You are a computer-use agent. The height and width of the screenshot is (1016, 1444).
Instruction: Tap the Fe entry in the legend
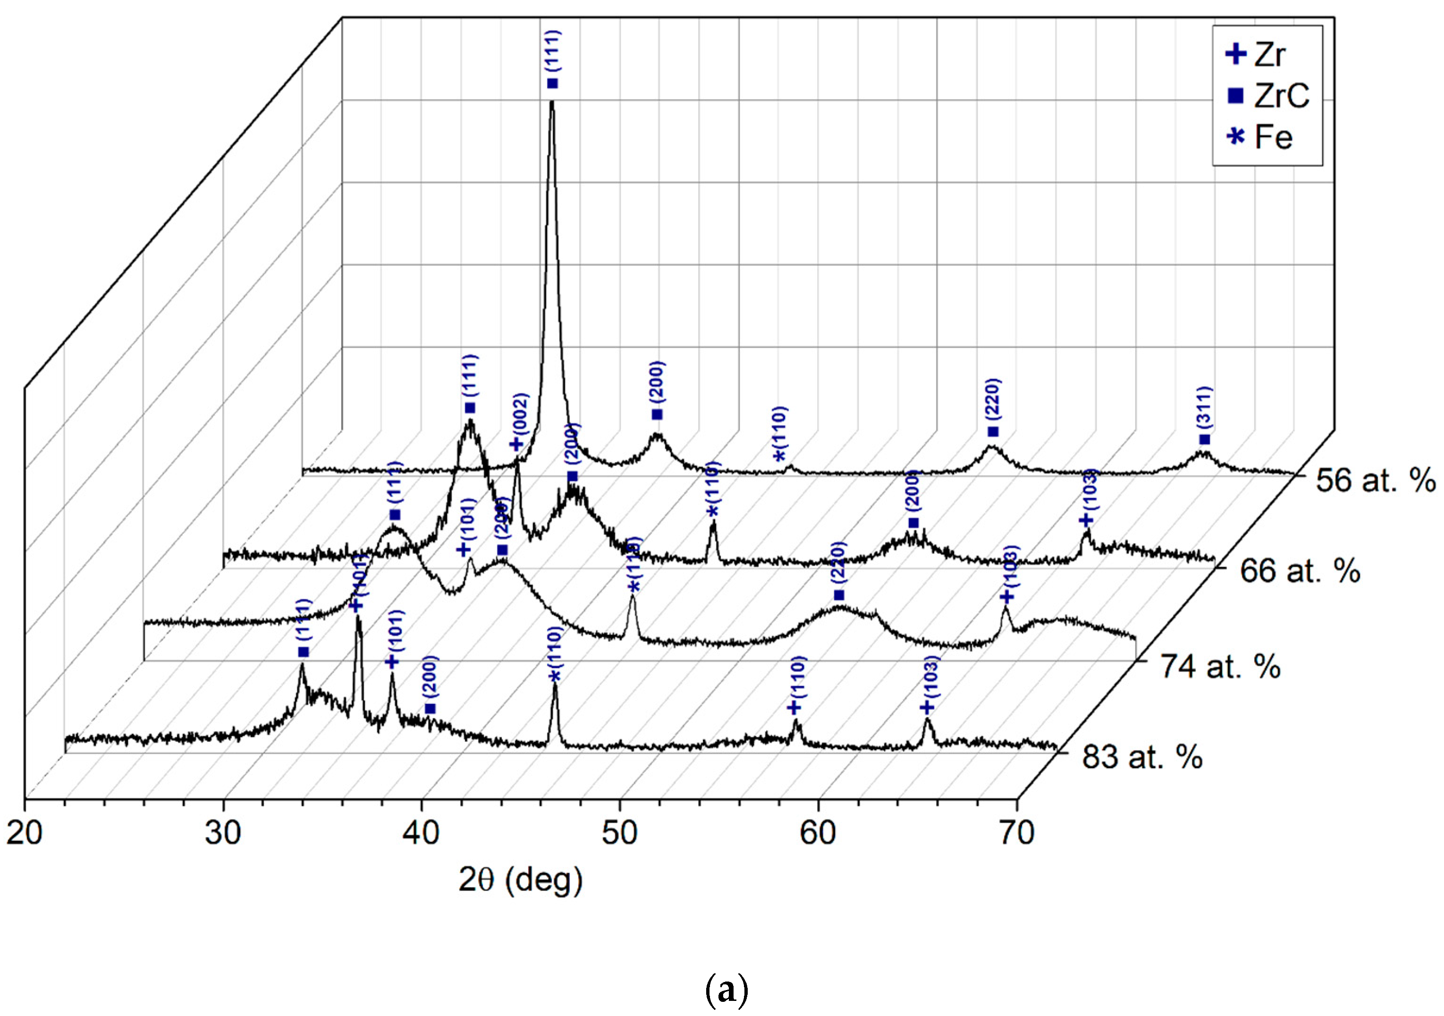tap(1261, 137)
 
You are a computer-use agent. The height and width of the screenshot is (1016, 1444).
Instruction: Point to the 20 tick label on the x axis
tap(25, 833)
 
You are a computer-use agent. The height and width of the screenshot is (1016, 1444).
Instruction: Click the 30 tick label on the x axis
tap(223, 833)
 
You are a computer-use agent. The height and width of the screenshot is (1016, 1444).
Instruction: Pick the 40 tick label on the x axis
tap(422, 833)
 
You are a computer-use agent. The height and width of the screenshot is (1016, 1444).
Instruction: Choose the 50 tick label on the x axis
tap(620, 833)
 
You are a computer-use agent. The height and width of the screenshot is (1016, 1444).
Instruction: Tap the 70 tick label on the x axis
tap(1017, 833)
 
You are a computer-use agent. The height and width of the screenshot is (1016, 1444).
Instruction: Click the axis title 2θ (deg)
tap(520, 881)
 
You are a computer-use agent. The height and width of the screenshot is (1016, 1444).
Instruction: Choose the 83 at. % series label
tap(1142, 757)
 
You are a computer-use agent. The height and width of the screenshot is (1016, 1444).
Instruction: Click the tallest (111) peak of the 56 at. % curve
tap(552, 104)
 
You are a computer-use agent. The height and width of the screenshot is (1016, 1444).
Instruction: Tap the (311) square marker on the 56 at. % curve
tap(1204, 440)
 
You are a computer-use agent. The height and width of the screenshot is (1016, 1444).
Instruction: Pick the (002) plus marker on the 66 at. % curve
tap(516, 445)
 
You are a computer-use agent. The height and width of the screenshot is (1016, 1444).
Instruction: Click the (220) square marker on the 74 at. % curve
tap(839, 595)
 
